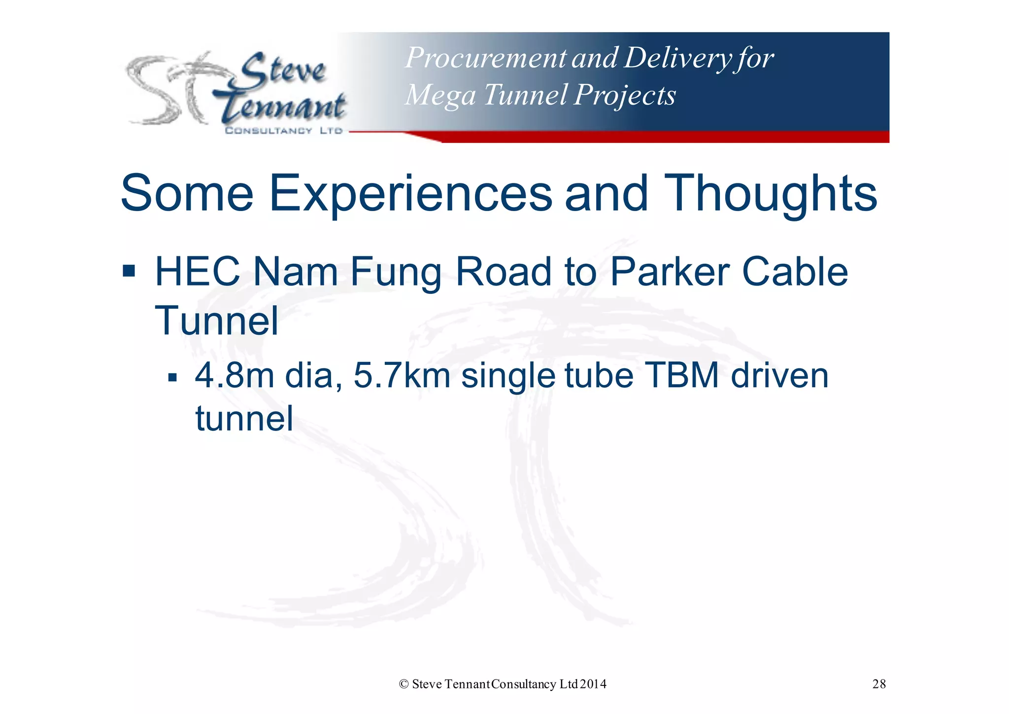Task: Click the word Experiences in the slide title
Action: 410,194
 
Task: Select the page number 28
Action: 879,684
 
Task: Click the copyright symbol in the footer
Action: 404,684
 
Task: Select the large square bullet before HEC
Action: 129,271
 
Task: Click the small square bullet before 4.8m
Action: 172,378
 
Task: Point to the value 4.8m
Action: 234,376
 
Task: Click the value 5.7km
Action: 402,376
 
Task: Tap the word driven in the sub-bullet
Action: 779,376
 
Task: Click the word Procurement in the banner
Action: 485,58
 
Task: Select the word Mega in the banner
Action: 440,95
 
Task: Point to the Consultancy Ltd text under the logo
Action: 283,131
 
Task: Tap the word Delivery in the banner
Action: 677,58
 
